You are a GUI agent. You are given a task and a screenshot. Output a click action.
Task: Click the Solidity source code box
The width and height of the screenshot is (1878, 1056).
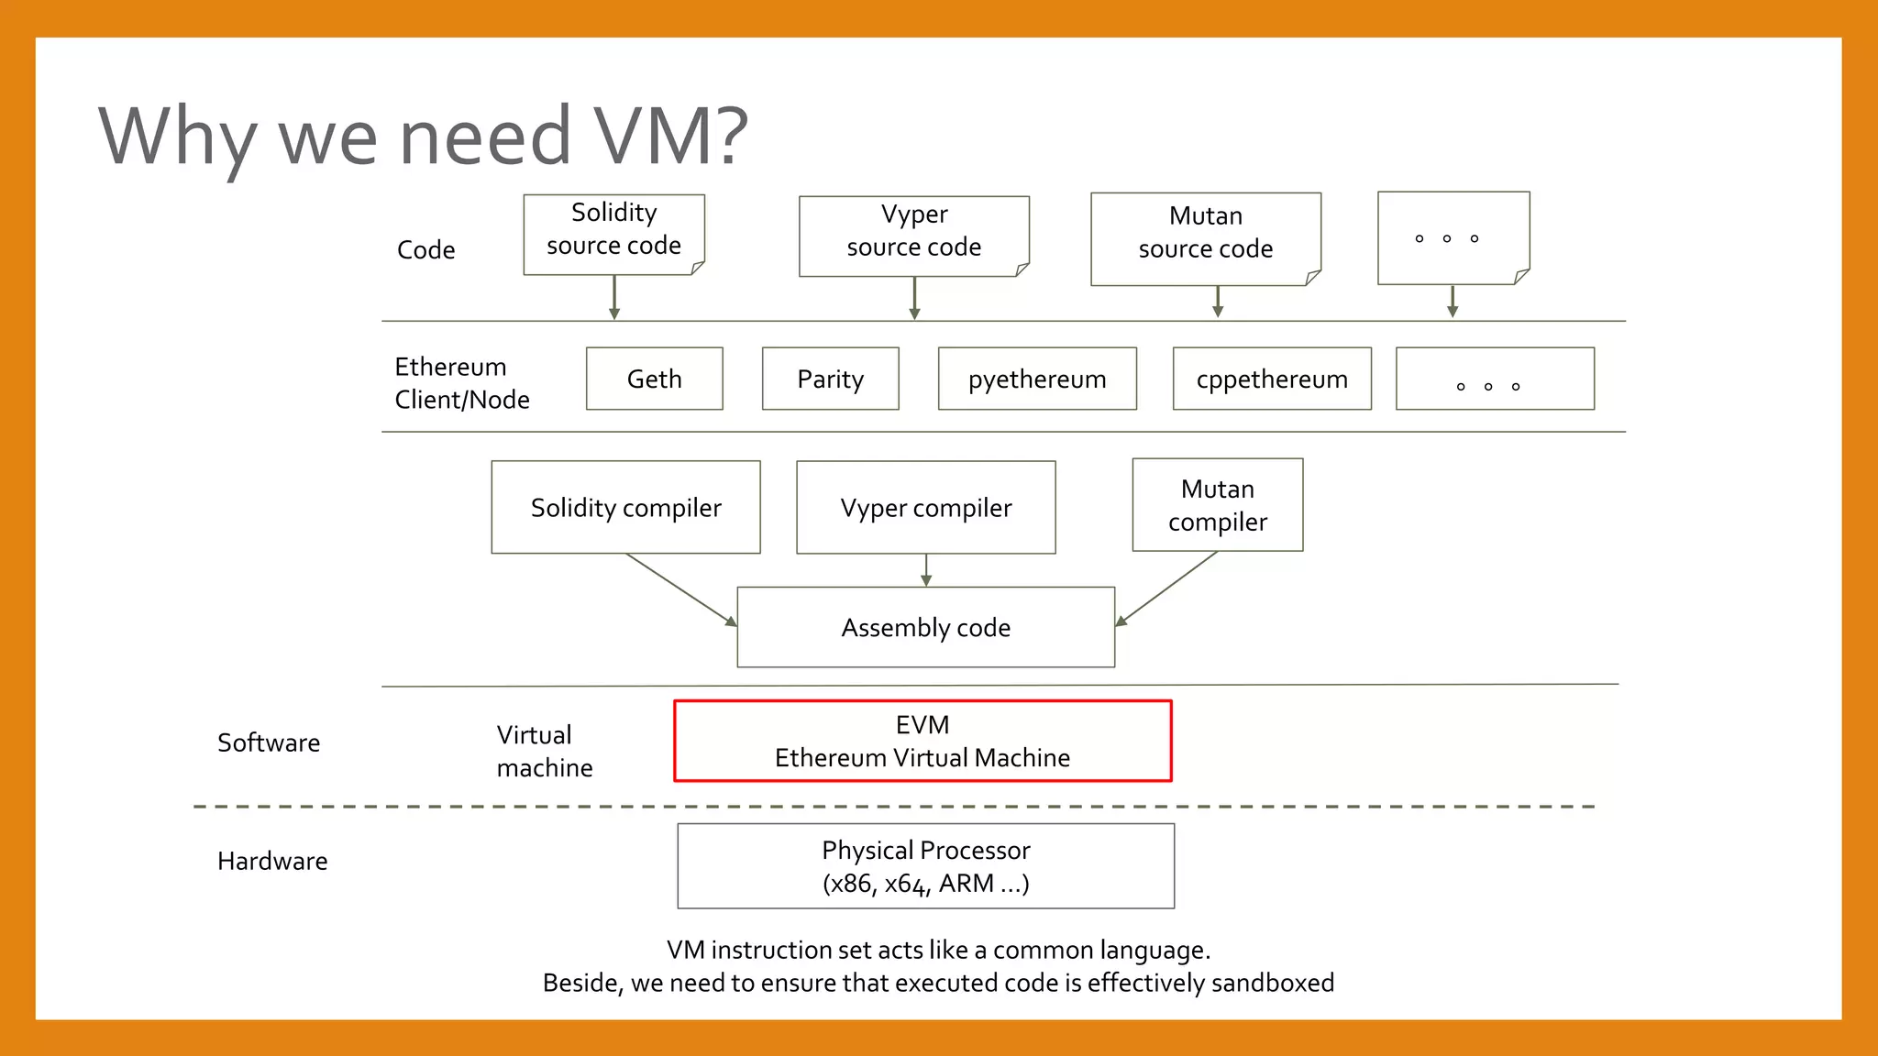[x=613, y=234]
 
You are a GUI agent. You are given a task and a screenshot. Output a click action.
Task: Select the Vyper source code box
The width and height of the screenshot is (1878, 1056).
[x=913, y=236]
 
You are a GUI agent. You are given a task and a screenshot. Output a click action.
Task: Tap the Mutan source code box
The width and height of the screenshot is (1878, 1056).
[x=1205, y=238]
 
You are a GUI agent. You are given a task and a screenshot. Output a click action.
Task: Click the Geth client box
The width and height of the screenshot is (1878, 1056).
[x=654, y=379]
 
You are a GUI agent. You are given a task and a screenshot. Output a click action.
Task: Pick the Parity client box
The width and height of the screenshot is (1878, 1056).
[x=830, y=379]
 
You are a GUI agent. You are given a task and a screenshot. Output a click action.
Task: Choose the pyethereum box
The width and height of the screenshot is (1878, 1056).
[x=1037, y=379]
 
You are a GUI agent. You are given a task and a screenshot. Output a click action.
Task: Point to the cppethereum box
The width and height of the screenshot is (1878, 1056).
[x=1272, y=379]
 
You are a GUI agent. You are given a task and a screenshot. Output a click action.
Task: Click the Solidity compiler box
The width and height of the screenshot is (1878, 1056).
[x=625, y=507]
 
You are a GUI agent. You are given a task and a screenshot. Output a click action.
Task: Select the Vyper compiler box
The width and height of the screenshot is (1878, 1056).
[x=925, y=507]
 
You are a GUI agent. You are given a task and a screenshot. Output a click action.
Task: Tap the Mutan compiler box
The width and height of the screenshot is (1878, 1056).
[x=1217, y=505]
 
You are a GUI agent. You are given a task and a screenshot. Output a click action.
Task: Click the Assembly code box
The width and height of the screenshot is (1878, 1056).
[x=925, y=627]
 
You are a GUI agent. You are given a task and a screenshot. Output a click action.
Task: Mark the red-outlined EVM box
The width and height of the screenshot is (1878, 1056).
[x=922, y=741]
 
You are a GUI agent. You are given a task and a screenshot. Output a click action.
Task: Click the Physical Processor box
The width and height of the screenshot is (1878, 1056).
[x=925, y=866]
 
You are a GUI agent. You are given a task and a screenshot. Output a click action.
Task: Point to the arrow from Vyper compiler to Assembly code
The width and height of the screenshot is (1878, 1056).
[x=926, y=570]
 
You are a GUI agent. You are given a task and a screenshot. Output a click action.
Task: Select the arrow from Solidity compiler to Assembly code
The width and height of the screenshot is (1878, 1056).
[x=681, y=589]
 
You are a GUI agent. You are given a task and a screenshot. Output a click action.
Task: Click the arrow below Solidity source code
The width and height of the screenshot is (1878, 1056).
[x=614, y=297]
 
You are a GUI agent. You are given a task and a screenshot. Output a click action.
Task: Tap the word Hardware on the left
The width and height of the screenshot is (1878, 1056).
[x=272, y=861]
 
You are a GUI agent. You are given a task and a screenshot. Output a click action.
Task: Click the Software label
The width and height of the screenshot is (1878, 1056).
[x=269, y=742]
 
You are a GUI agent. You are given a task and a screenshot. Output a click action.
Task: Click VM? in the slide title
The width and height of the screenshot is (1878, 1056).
[x=672, y=136]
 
